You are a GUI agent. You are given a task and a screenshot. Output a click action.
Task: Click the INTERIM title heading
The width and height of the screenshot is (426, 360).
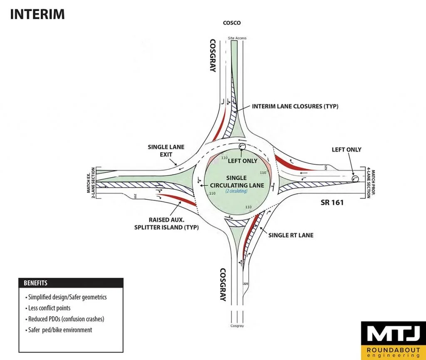37,14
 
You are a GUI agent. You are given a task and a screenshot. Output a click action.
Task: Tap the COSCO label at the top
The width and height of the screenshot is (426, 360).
232,23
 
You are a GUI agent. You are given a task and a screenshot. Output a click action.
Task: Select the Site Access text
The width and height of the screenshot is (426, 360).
237,38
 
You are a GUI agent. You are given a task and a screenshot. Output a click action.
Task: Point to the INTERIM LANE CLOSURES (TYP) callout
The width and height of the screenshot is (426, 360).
295,107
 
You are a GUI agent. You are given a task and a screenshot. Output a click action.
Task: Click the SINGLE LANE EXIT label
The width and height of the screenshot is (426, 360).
166,151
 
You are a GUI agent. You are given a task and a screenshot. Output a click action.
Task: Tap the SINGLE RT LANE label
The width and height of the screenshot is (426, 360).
291,235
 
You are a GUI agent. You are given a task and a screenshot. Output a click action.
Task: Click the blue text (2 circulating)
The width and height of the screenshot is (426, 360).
236,191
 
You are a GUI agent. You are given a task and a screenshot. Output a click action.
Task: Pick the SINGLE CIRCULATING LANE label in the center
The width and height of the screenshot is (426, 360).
236,181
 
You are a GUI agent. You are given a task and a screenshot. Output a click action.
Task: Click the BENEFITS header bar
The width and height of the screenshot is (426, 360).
70,283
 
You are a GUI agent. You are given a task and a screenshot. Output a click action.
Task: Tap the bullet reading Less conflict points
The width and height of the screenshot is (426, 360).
49,308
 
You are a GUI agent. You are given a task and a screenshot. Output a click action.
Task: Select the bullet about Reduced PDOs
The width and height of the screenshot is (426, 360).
66,319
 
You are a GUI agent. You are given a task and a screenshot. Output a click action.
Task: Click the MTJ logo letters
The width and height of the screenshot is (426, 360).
393,334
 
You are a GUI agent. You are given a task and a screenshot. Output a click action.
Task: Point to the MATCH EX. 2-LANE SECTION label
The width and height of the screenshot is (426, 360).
91,183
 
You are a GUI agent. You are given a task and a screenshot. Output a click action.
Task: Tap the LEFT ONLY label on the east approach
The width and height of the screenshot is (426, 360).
347,150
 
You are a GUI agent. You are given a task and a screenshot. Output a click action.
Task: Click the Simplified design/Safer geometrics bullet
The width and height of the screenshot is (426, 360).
68,297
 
